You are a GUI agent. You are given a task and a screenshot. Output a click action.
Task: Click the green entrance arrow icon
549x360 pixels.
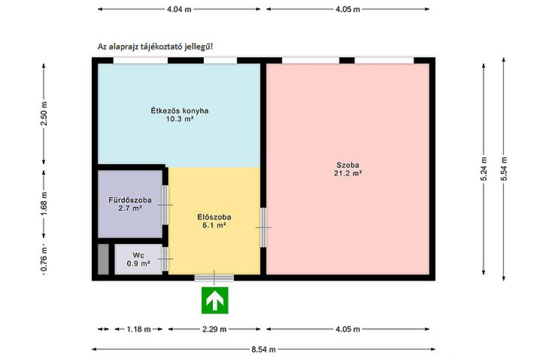click(214, 300)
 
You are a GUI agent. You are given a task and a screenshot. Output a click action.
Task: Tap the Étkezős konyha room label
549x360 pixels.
click(180, 111)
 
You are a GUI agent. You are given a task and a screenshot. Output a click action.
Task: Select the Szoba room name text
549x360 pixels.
click(347, 165)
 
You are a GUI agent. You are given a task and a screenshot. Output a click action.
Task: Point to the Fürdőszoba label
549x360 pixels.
click(130, 200)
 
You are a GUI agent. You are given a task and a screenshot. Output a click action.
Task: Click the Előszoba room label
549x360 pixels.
click(214, 217)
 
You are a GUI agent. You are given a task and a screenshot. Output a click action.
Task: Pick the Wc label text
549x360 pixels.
click(138, 255)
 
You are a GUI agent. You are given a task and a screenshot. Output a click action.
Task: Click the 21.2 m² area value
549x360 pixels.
click(347, 173)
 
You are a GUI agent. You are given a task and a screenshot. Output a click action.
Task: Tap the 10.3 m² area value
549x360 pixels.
click(180, 119)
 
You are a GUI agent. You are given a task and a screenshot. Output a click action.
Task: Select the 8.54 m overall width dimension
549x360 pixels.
click(263, 349)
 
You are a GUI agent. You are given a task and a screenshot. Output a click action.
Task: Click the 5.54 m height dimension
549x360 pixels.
click(504, 168)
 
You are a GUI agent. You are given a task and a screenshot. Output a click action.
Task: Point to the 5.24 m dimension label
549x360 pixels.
click(484, 168)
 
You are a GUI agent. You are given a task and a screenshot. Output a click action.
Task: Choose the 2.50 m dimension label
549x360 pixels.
click(44, 113)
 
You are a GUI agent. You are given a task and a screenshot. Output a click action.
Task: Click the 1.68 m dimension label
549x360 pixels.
click(44, 204)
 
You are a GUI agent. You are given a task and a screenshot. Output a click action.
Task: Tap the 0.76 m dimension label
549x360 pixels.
click(44, 259)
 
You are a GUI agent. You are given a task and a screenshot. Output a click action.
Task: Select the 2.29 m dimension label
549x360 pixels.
click(214, 329)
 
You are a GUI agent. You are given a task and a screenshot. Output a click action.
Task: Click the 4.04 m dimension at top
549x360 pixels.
click(179, 10)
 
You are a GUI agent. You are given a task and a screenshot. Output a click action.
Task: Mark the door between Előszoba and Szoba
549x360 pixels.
click(263, 227)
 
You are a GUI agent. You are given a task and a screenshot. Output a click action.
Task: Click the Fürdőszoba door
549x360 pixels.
click(165, 205)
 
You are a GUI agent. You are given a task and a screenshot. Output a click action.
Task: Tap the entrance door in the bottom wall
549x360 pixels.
click(214, 277)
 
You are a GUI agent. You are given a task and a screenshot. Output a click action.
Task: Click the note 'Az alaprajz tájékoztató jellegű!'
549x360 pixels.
click(155, 47)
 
